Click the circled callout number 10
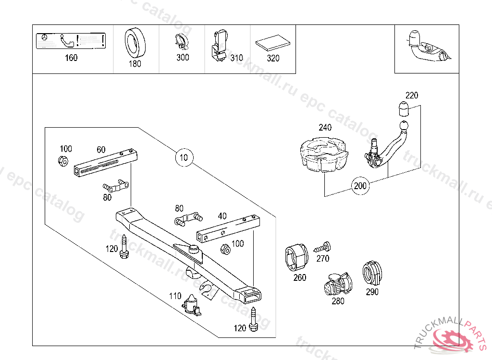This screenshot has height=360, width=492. point(184,157)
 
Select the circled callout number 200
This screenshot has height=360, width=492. point(361,186)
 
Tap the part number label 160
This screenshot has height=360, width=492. point(71,58)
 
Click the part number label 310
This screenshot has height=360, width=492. point(236,58)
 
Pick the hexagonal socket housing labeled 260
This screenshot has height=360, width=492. point(295,258)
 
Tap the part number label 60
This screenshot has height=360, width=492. point(101,150)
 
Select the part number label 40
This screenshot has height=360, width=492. point(222,216)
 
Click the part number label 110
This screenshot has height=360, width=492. point(175,296)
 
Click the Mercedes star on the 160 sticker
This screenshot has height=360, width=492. point(44,37)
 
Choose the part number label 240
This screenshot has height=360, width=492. point(325,128)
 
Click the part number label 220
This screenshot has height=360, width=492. point(412,95)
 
